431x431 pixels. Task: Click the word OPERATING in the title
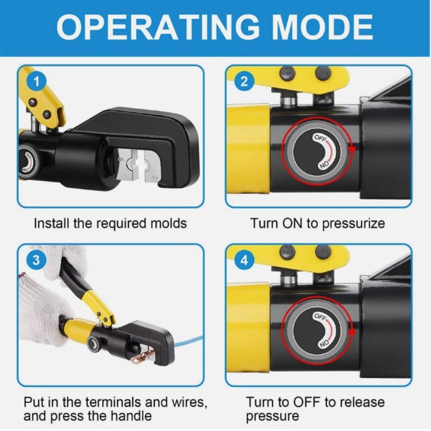pyautogui.click(x=158, y=28)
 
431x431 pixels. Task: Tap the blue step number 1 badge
pyautogui.click(x=36, y=81)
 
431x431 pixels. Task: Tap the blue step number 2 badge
pyautogui.click(x=244, y=81)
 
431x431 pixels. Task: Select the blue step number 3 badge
pyautogui.click(x=36, y=260)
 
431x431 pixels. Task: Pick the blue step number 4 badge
pyautogui.click(x=244, y=260)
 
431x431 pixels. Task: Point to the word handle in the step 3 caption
pyautogui.click(x=132, y=416)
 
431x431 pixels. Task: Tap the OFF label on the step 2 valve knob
pyautogui.click(x=320, y=138)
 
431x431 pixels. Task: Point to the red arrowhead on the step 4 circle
pyautogui.click(x=352, y=331)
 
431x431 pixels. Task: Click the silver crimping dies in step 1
pyautogui.click(x=138, y=166)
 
